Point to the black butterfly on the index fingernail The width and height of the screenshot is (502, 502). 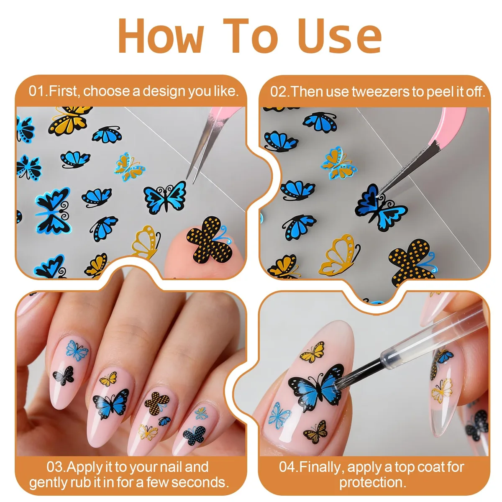(x=64, y=375)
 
